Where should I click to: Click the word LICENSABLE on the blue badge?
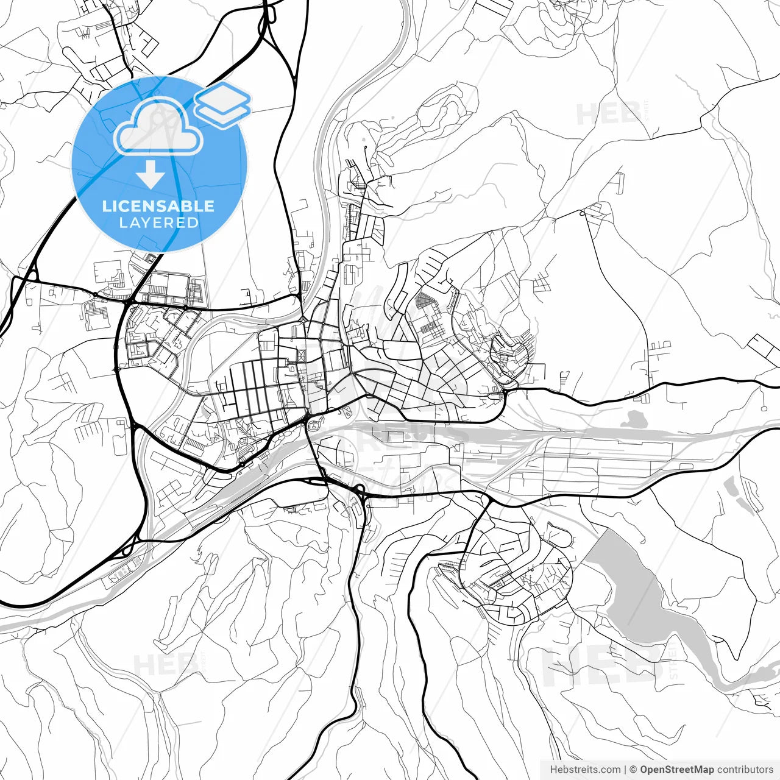click(x=158, y=206)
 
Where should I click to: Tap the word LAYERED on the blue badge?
click(x=158, y=222)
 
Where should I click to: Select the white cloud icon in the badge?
click(x=158, y=126)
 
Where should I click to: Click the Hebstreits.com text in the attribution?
click(x=585, y=770)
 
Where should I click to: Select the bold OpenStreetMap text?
click(x=676, y=770)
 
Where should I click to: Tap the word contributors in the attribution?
click(x=745, y=770)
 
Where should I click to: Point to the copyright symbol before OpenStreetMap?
click(x=633, y=770)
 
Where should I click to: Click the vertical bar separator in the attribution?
click(x=626, y=770)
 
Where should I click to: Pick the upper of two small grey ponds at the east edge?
click(x=731, y=484)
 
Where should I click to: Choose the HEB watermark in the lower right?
click(x=603, y=664)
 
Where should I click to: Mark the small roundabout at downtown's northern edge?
click(x=303, y=321)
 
